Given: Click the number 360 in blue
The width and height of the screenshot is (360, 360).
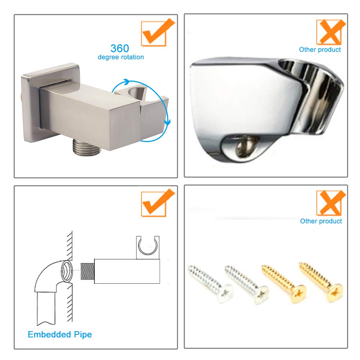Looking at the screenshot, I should pos(119,48).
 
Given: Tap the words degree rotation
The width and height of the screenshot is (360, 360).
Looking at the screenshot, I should pos(120,57).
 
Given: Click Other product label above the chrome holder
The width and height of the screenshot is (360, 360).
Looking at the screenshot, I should pos(320,50).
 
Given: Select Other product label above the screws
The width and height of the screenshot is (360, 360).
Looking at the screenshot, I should pos(321,221).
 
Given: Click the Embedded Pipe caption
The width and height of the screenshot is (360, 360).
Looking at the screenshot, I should pos(60,334).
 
